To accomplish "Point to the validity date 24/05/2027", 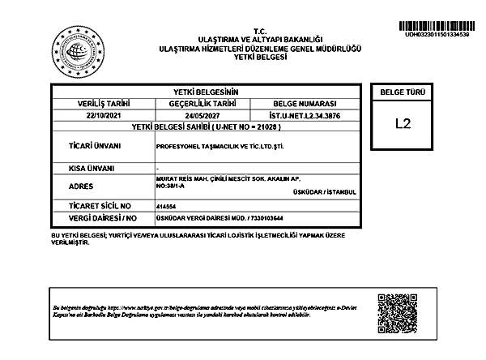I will click(x=202, y=115).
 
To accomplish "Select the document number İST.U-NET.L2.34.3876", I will click(x=305, y=115).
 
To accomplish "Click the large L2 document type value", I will click(x=403, y=124).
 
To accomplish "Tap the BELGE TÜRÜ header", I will click(x=403, y=92).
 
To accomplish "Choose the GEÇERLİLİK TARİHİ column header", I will click(x=202, y=104).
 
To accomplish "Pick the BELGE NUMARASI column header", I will click(x=305, y=104).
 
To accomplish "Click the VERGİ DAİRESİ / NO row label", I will click(x=104, y=218).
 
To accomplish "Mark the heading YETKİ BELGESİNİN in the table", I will click(x=206, y=92).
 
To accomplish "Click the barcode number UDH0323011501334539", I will click(x=436, y=35).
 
